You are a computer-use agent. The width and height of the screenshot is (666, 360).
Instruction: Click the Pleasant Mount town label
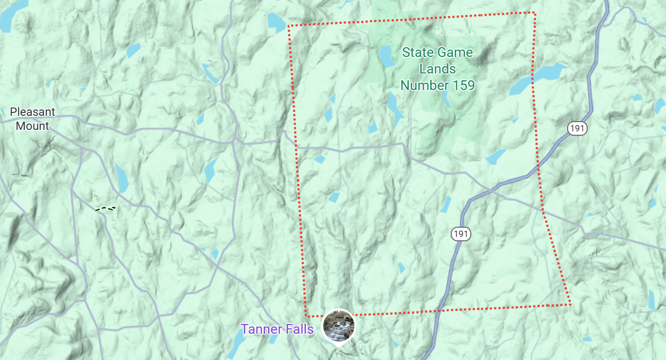pos(32,119)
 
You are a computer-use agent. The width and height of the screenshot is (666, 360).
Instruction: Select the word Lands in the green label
pos(437,69)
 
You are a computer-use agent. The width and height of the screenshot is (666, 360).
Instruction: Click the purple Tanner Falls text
pos(277,329)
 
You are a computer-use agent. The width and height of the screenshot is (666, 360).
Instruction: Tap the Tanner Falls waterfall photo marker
pos(339,325)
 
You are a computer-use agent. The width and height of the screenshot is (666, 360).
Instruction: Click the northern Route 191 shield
pos(577,129)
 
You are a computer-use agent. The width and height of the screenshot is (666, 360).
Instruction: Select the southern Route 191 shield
pos(461,234)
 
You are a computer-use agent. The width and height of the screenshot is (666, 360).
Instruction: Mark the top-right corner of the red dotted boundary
pos(534,13)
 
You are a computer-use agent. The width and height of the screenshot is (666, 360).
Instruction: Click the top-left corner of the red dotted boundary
pos(289,26)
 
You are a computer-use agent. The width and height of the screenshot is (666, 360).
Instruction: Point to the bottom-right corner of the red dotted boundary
pos(570,305)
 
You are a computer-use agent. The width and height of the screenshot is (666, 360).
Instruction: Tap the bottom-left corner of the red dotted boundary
pos(306,316)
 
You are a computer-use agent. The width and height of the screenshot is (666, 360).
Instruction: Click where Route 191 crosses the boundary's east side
pos(538,168)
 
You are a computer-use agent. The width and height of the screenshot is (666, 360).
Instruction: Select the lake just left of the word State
pos(386,56)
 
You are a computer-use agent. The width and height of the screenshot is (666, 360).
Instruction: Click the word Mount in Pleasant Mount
pos(32,126)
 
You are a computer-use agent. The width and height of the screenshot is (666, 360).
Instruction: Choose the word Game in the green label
pos(455,53)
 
